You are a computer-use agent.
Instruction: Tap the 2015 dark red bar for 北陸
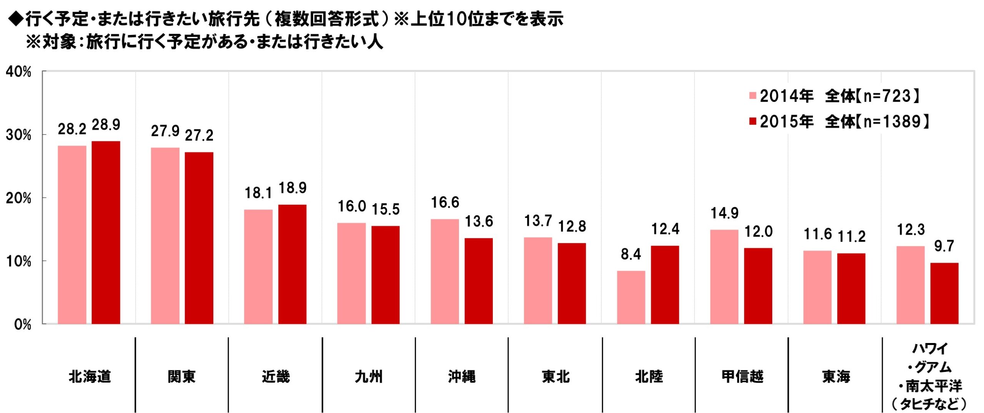[665, 285]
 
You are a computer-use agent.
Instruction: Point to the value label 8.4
[631, 254]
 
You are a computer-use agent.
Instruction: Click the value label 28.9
[106, 125]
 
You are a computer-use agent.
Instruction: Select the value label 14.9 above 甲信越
[724, 213]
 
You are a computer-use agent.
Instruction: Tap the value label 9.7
[944, 246]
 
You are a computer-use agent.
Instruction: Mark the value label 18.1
[258, 193]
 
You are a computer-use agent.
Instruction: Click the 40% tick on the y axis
[18, 72]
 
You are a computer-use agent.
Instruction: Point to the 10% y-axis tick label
[18, 261]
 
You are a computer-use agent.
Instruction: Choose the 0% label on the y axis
[22, 325]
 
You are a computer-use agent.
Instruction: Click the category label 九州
[369, 376]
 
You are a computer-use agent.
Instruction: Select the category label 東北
[555, 376]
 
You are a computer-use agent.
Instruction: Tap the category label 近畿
[276, 376]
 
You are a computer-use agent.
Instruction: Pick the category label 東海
[836, 376]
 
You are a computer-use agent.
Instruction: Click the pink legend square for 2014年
[753, 96]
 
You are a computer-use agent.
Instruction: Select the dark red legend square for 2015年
[753, 122]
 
